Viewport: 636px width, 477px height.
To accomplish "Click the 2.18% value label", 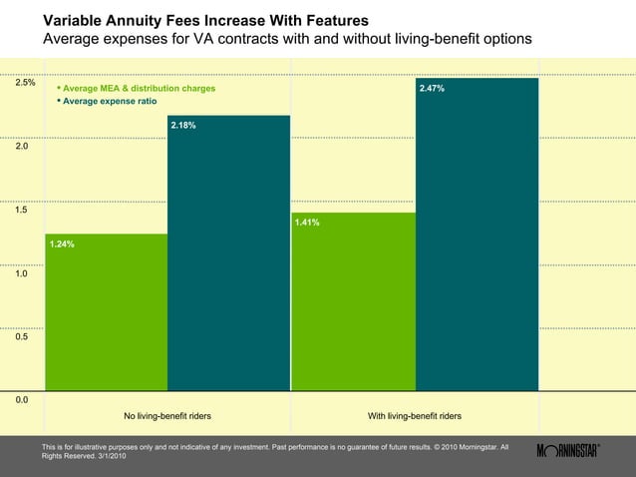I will (x=183, y=126).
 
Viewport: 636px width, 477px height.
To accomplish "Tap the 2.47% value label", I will (x=432, y=89).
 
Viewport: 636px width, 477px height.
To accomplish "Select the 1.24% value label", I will (x=62, y=243).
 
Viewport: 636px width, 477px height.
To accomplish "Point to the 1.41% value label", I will (x=307, y=223).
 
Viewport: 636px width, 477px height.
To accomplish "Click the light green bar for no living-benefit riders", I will (x=106, y=319).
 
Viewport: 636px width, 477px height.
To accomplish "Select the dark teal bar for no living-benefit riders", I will (x=228, y=259).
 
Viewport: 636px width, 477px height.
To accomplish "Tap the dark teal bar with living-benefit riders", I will (x=477, y=239).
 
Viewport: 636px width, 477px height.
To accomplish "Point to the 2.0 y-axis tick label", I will (x=21, y=146).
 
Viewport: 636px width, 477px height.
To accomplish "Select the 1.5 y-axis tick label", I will (x=21, y=210).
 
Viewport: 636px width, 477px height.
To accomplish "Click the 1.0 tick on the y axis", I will (x=21, y=272).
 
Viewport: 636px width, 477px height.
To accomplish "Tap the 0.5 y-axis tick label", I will (x=21, y=336).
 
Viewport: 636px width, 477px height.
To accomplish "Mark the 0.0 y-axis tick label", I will (x=21, y=399).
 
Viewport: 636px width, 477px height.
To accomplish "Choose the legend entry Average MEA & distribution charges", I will (x=139, y=89).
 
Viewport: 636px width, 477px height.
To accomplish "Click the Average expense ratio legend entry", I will (x=109, y=102).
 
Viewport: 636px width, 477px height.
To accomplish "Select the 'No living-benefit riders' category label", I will (x=166, y=415).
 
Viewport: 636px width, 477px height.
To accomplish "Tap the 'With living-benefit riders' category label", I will (x=415, y=415).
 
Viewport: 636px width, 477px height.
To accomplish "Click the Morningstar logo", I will (x=567, y=450).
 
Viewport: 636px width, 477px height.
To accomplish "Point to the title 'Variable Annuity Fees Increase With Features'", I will (x=205, y=21).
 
